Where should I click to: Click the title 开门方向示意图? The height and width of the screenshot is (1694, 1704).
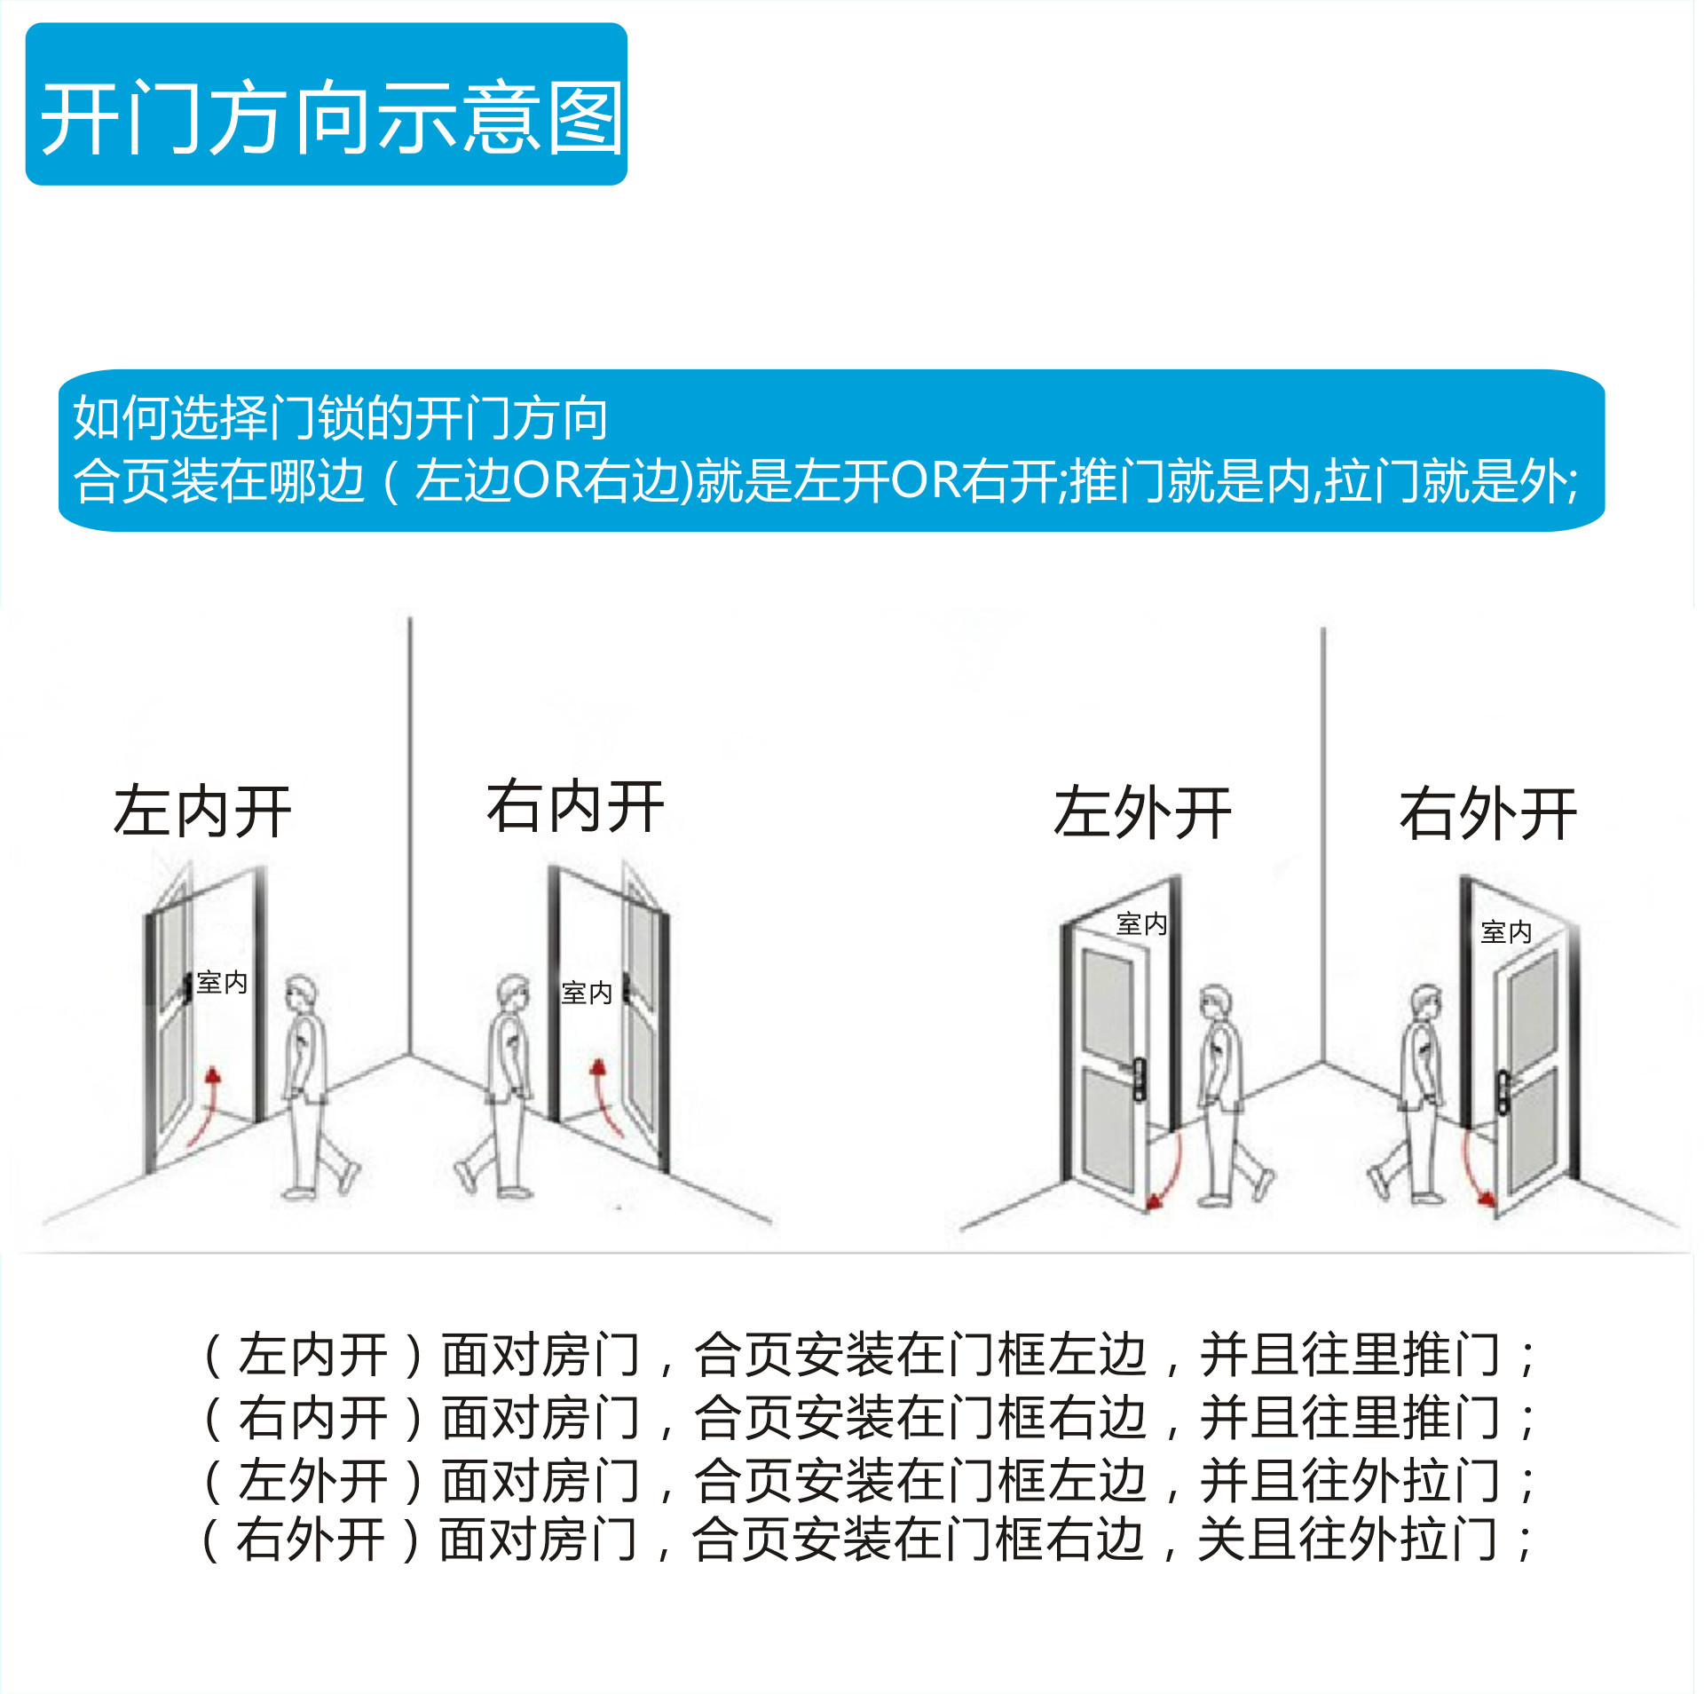330,118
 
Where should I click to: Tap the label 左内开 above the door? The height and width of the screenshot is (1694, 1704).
202,812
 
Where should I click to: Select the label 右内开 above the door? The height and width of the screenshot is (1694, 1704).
575,807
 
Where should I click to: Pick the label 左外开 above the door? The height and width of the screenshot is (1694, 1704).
1142,813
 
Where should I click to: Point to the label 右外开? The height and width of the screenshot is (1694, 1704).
1488,814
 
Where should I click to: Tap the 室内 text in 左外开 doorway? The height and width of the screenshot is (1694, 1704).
1141,924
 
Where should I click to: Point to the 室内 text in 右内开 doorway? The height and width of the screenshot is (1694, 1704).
587,993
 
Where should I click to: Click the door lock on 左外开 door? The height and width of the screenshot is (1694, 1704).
1139,1080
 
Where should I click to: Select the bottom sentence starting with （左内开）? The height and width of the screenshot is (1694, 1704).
868,1355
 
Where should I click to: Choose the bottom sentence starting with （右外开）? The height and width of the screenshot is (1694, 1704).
868,1540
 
